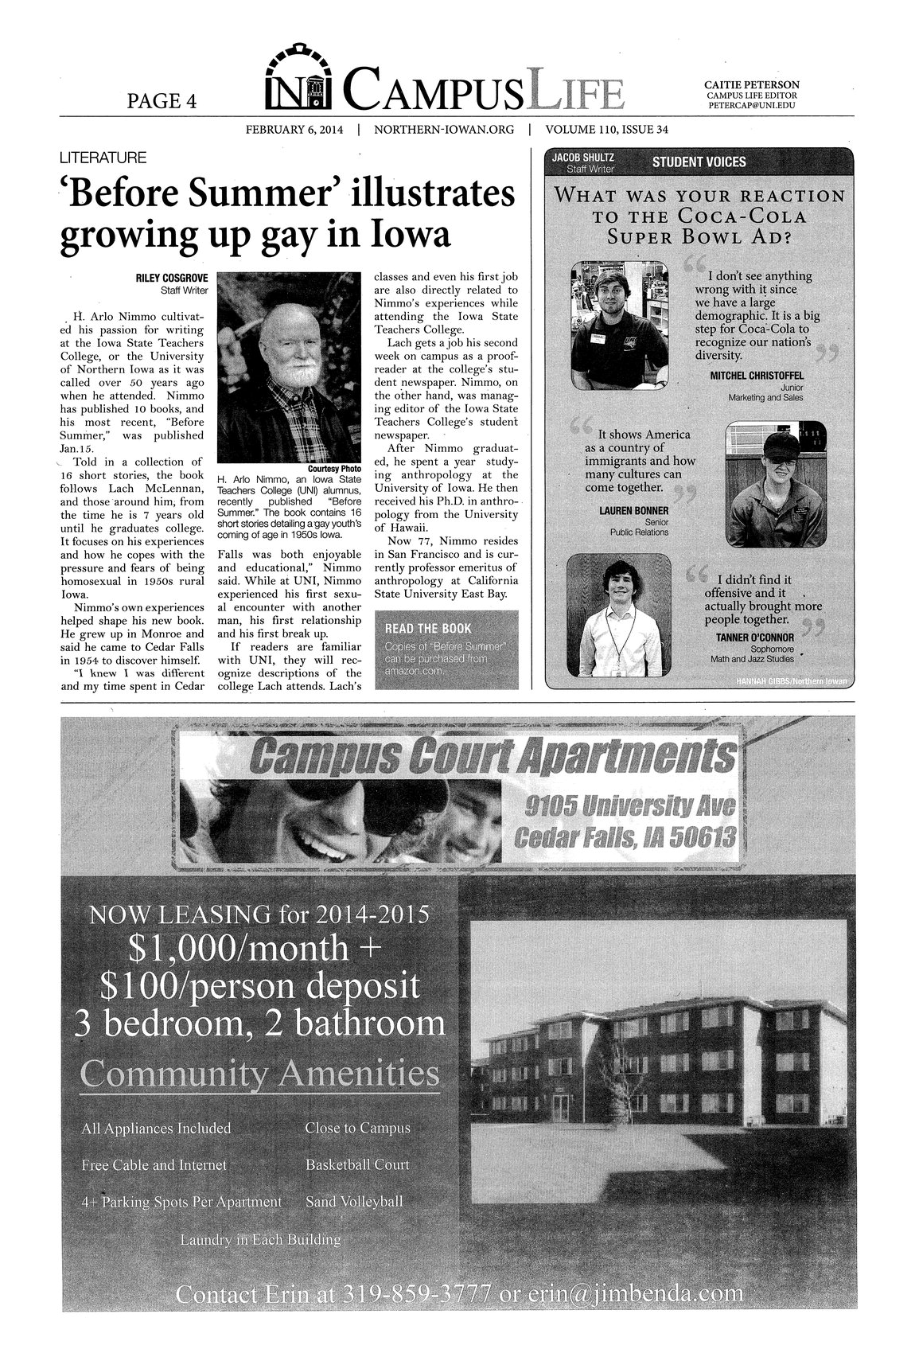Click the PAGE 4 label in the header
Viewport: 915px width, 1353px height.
pyautogui.click(x=162, y=99)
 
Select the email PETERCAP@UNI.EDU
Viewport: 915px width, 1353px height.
pyautogui.click(x=752, y=105)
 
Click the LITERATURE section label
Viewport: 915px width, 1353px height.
pyautogui.click(x=100, y=158)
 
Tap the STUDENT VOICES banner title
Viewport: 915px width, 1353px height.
pyautogui.click(x=699, y=162)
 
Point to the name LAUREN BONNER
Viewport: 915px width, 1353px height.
pyautogui.click(x=633, y=510)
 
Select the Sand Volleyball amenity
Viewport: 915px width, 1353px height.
pyautogui.click(x=354, y=1201)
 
